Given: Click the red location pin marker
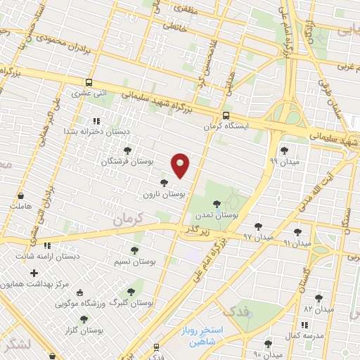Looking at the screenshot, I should (x=181, y=165).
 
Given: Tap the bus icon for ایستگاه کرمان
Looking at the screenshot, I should (x=225, y=116).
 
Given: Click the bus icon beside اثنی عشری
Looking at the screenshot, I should (x=89, y=82).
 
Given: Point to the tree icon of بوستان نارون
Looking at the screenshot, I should (x=165, y=183).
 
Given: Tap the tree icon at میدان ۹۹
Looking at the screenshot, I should (x=284, y=150).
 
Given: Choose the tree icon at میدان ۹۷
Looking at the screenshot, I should (x=259, y=226).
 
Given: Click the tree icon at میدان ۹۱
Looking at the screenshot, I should (x=297, y=231).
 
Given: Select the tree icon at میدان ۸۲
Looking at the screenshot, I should (x=319, y=298).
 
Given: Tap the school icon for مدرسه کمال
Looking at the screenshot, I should (x=304, y=325).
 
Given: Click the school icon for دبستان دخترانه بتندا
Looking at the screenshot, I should (x=106, y=121).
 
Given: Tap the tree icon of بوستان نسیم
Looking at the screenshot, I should (x=134, y=250).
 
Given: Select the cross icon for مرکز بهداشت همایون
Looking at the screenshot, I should (x=34, y=272).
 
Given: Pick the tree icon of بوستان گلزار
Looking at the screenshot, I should (x=84, y=319).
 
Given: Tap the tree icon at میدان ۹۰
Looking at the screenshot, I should (x=268, y=343).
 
